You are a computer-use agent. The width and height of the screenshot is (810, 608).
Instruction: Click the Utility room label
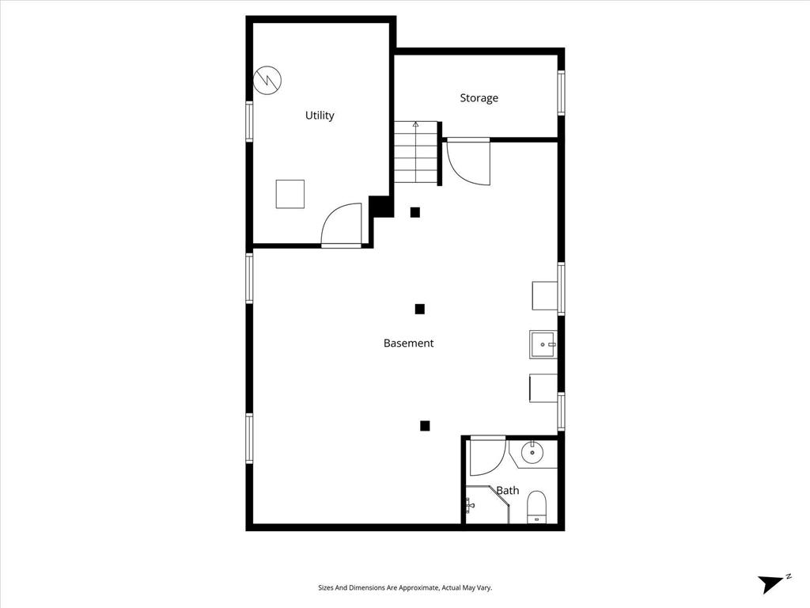(x=320, y=116)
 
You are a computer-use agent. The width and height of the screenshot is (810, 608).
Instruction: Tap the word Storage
(x=479, y=98)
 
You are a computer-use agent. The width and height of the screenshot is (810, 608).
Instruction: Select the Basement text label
(x=408, y=344)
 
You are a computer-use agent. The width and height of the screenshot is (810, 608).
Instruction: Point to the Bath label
(x=508, y=491)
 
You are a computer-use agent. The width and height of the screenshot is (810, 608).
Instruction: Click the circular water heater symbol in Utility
(x=267, y=79)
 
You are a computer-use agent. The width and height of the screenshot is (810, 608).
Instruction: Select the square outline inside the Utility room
(x=290, y=194)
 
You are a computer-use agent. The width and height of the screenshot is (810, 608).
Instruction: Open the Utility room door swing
(x=343, y=226)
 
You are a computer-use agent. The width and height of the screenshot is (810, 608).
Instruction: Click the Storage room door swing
(x=467, y=162)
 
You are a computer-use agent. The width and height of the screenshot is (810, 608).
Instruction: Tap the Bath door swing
(x=486, y=455)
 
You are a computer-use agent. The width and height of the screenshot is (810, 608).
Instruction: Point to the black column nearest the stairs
(x=414, y=212)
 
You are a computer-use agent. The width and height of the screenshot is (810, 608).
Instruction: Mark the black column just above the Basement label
(x=420, y=309)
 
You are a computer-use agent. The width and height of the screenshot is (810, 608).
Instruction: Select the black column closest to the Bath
(x=425, y=426)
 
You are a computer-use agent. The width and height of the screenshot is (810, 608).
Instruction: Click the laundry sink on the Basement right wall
(x=543, y=344)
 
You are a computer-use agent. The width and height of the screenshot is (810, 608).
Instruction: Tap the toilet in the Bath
(x=537, y=507)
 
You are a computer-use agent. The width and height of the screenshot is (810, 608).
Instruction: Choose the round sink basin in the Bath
(x=532, y=454)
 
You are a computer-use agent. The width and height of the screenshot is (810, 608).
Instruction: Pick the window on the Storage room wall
(x=561, y=93)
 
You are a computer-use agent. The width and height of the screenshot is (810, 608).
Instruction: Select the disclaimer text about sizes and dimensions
(x=405, y=588)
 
